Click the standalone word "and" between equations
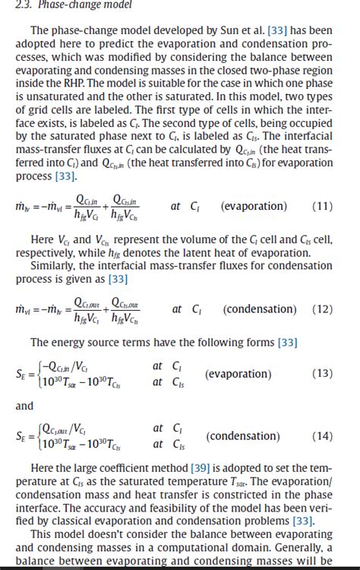pos(25,406)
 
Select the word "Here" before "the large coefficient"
pos(43,466)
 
